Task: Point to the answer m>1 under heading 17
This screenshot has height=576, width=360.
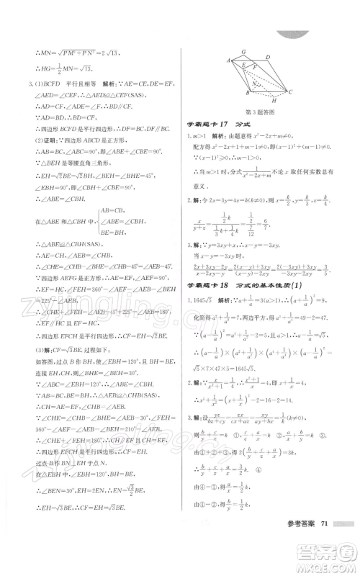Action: (207, 137)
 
